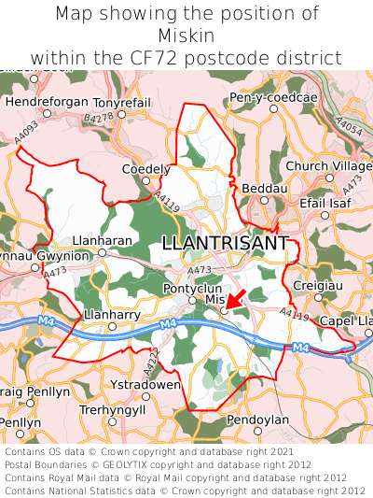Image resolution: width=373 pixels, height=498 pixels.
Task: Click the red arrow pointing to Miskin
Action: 236,298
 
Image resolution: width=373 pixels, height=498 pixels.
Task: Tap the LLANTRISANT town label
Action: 225,243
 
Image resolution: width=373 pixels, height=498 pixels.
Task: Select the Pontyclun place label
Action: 192,289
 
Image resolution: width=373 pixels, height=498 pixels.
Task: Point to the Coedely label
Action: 146,169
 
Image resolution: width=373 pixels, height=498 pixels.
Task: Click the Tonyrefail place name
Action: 121,102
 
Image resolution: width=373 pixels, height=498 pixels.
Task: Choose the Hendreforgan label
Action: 47,102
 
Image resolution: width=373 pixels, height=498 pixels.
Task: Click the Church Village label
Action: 327,166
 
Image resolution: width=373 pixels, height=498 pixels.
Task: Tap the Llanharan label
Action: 103,240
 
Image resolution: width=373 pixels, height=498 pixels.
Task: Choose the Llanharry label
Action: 111,315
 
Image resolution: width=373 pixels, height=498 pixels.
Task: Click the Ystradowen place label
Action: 145,384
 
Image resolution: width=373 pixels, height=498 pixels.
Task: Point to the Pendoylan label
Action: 258,420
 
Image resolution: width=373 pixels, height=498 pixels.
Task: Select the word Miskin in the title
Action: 186,36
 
